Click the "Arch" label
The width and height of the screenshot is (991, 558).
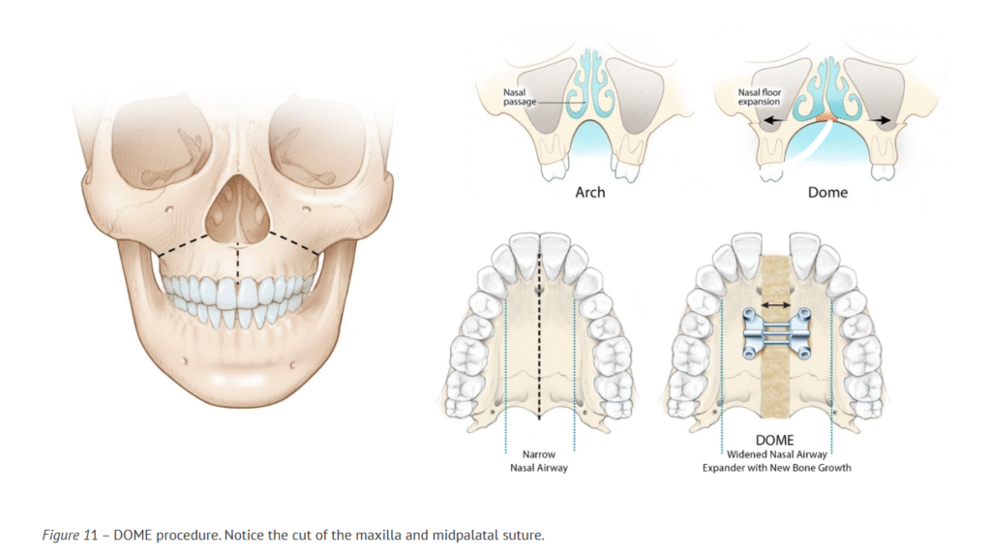coord(589,192)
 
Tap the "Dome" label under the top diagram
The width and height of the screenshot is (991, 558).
coord(826,192)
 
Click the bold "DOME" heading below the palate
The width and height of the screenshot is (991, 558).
coord(777,439)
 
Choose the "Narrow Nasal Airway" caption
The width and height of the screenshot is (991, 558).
coord(539,459)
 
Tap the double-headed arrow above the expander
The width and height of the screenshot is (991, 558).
coord(776,304)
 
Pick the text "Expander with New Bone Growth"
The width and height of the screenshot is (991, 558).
coord(777,467)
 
